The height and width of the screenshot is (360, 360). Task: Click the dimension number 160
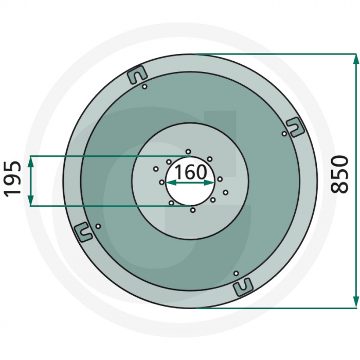pyautogui.click(x=190, y=172)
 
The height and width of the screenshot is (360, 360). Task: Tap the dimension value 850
pyautogui.click(x=340, y=174)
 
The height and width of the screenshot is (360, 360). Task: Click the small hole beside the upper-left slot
pyautogui.click(x=146, y=86)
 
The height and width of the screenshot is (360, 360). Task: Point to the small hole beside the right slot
pyautogui.click(x=284, y=134)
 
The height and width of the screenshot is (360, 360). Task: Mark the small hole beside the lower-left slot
pyautogui.click(x=98, y=226)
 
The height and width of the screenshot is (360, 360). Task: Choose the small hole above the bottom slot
pyautogui.click(x=236, y=273)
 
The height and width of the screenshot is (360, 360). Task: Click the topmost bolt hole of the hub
pyautogui.click(x=188, y=151)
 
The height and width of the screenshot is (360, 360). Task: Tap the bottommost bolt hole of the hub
pyautogui.click(x=192, y=210)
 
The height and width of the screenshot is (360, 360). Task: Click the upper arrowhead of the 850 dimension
pyautogui.click(x=355, y=58)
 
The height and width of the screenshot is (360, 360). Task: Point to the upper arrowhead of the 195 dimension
pyautogui.click(x=31, y=160)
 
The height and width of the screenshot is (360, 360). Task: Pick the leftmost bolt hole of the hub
pyautogui.click(x=156, y=168)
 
